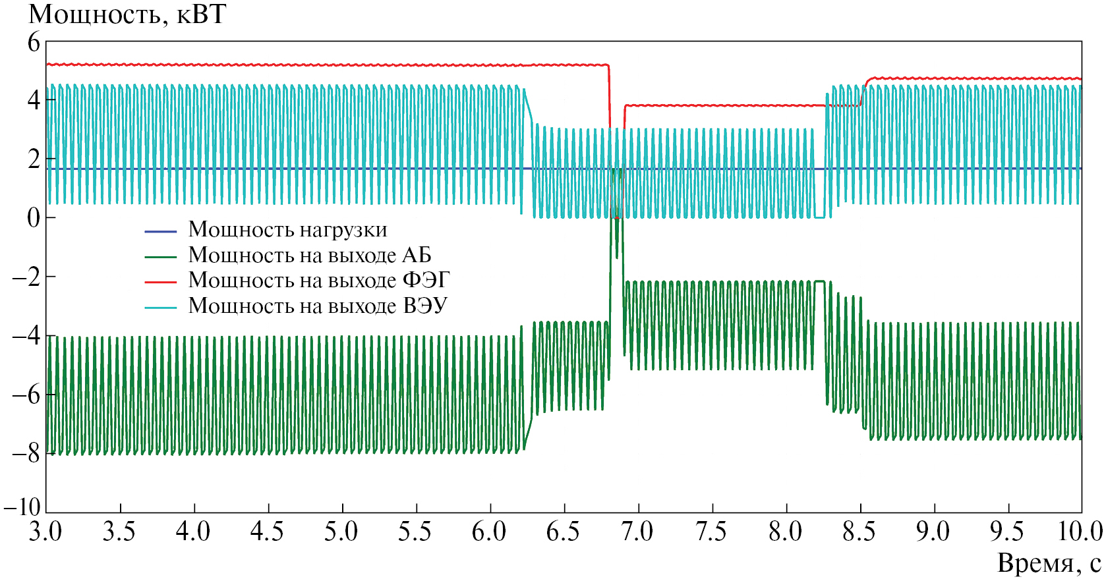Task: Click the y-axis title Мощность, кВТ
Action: click(127, 14)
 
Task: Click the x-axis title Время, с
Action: click(1049, 564)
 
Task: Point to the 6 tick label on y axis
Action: click(34, 43)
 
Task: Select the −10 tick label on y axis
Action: click(22, 507)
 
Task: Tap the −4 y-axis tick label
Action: click(27, 336)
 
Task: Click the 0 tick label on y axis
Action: click(34, 217)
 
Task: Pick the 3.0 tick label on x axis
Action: click(45, 532)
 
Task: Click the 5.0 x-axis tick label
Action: click(341, 532)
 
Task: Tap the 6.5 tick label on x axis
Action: click(563, 532)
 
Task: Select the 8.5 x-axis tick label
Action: click(859, 532)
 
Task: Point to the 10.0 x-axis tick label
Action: click(1080, 532)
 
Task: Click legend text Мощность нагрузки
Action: click(287, 230)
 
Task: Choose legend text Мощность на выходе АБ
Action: click(310, 255)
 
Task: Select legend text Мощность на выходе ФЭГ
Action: click(319, 281)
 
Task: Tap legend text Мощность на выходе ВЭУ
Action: click(318, 306)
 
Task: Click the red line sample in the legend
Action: click(161, 282)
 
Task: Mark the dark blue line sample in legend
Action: click(161, 231)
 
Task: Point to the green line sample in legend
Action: click(161, 257)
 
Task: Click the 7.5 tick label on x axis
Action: click(711, 532)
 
